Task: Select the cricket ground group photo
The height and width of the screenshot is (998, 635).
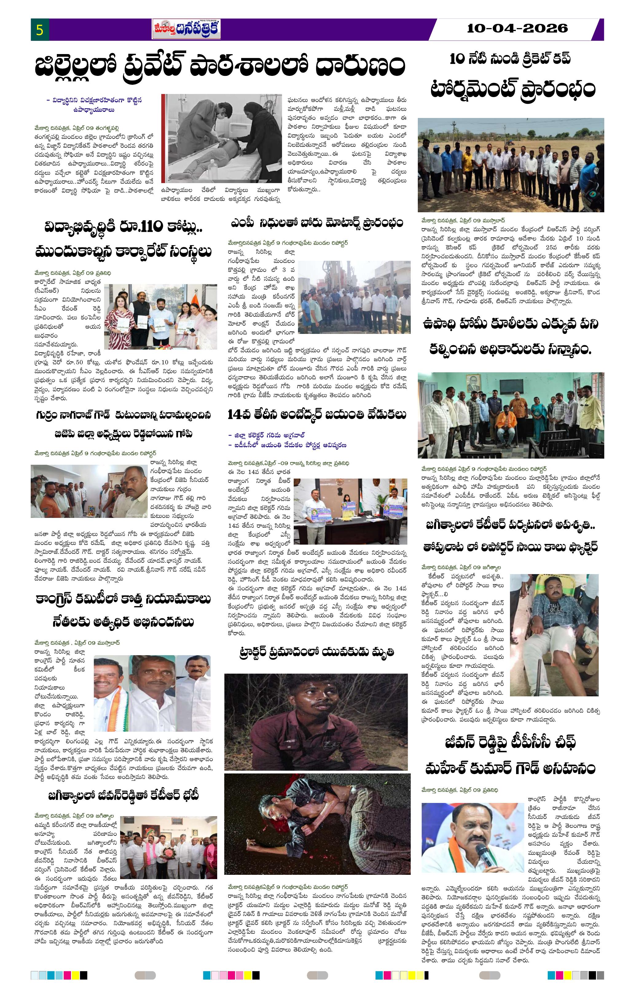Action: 510,165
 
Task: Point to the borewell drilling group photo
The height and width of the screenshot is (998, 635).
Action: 354,297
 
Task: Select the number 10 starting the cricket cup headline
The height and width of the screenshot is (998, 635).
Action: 457,59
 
